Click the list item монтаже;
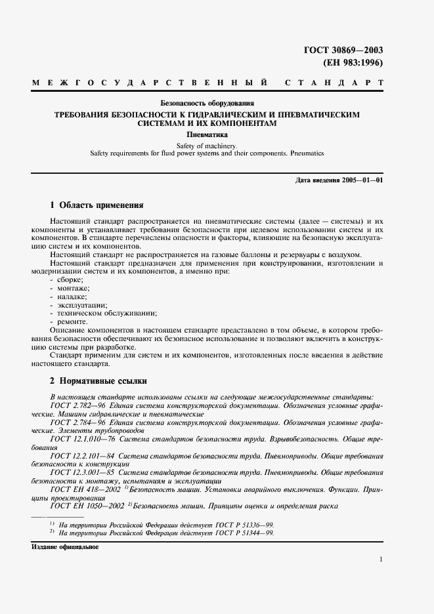pos(71,289)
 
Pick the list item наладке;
pos(70,297)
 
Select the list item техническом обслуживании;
pos(98,314)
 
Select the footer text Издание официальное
pos(64,546)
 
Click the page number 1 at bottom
pos(380,559)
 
